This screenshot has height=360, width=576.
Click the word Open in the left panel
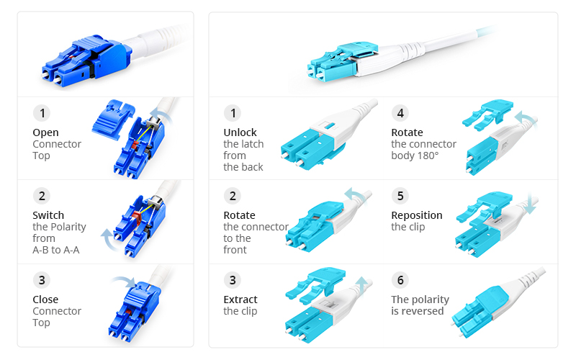click(x=45, y=132)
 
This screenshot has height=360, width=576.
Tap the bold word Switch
click(x=48, y=215)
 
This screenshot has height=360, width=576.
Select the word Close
click(x=45, y=300)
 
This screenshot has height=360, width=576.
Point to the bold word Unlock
click(x=240, y=132)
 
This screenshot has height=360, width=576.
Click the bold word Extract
click(x=240, y=300)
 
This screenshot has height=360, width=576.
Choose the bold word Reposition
click(x=416, y=215)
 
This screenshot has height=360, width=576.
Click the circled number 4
click(x=400, y=113)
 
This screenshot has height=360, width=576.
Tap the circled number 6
click(x=400, y=280)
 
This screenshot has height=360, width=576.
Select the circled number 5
click(x=400, y=196)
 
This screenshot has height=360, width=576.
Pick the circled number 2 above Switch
click(x=42, y=196)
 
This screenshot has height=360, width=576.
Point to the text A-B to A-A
click(x=55, y=250)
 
